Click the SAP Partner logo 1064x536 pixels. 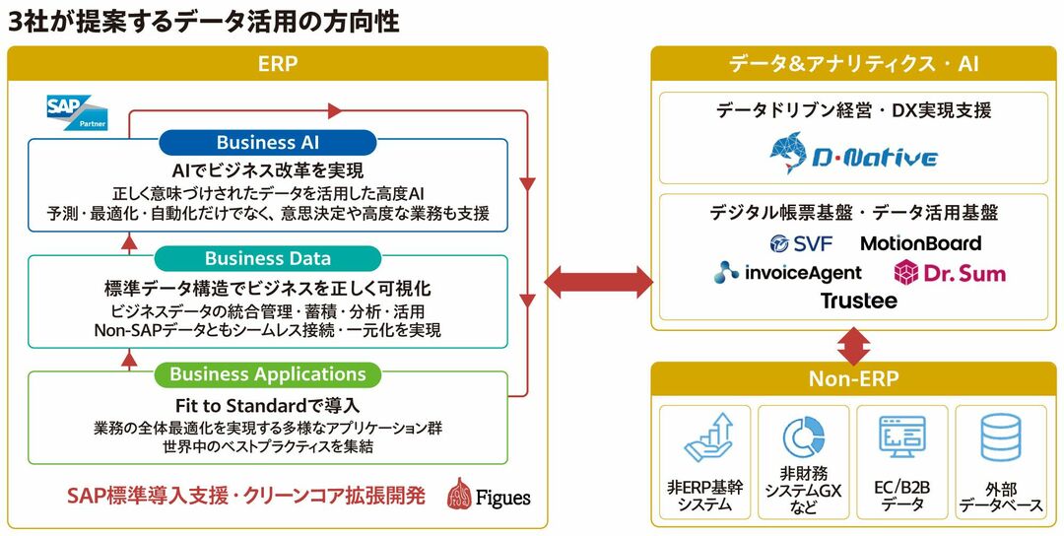77,111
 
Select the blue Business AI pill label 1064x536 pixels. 267,143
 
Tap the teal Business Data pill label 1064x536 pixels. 267,258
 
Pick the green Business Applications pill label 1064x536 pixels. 267,374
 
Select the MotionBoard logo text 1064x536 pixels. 921,243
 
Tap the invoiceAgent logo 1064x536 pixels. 789,272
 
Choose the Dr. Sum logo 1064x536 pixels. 950,272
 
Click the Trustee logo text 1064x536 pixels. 858,301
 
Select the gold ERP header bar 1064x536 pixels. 277,64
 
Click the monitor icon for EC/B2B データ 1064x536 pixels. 902,438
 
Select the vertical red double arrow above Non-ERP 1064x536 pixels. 853,346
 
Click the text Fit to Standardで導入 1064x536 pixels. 267,405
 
